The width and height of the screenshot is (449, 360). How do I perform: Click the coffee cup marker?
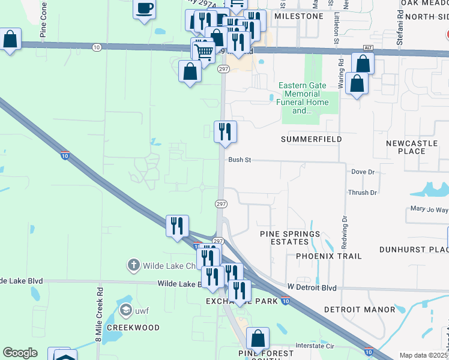[x=144, y=9]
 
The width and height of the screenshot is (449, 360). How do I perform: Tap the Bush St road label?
[x=239, y=160]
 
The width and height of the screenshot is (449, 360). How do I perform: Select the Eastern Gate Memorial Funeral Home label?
[x=302, y=98]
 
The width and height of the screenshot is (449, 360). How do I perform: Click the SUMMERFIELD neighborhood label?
[x=311, y=139]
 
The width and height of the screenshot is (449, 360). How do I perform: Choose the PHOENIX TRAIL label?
[x=329, y=256]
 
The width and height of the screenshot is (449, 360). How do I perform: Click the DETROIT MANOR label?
[x=360, y=310]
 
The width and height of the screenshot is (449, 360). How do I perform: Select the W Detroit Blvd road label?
[x=312, y=288]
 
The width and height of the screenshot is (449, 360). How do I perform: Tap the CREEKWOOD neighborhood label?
[x=133, y=328]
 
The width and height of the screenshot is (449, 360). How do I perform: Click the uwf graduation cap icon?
[x=125, y=310]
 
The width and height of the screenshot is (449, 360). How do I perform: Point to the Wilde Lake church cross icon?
[x=133, y=265]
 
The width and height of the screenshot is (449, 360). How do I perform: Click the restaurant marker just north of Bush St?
[x=226, y=131]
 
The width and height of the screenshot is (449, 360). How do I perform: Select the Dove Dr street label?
[x=363, y=172]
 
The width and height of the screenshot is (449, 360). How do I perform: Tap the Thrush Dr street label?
[x=362, y=193]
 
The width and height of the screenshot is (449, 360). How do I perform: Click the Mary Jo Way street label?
[x=429, y=209]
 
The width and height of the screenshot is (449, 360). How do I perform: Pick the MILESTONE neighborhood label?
[x=298, y=16]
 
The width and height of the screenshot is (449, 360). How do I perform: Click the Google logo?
[x=20, y=353]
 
